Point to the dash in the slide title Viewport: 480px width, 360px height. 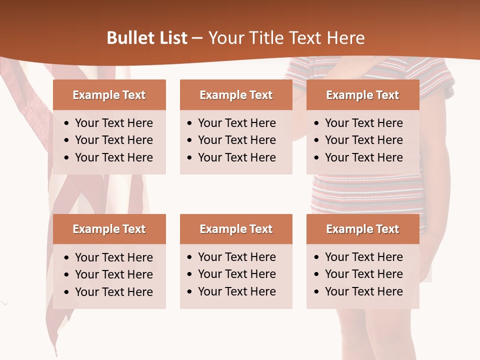[197, 38]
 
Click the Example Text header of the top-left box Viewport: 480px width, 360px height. [109, 95]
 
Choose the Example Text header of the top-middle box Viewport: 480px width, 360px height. [236, 95]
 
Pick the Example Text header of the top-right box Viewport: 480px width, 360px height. [362, 95]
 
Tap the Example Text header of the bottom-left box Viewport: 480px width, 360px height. [109, 229]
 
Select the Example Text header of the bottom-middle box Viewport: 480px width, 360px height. [236, 229]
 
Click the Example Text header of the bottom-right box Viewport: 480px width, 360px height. [362, 229]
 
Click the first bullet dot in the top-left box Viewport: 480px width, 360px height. [67, 123]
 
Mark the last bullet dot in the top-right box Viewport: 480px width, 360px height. [317, 158]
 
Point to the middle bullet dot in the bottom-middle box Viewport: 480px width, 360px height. [190, 274]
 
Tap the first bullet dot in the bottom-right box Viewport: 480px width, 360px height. [317, 257]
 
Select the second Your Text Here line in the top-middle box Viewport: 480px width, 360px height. [236, 140]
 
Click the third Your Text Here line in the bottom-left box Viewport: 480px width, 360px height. [113, 292]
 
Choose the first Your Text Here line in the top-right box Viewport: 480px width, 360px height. [363, 123]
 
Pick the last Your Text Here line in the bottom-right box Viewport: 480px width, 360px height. [363, 291]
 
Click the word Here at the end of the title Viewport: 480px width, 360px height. [345, 38]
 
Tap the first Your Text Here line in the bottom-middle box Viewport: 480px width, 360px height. [236, 257]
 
